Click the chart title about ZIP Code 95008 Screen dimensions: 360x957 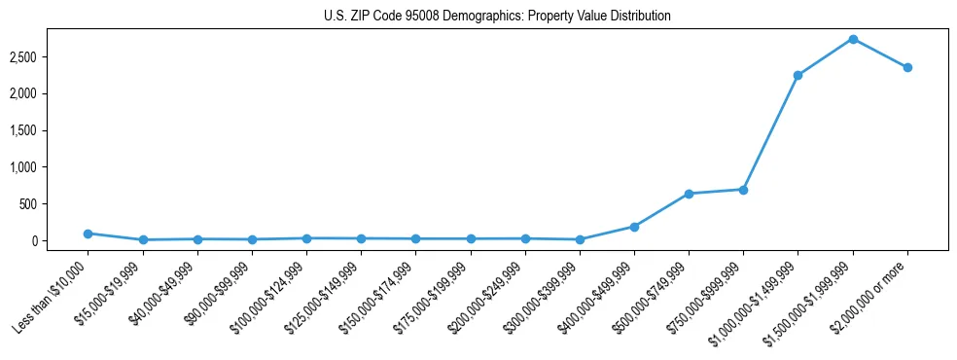point(497,17)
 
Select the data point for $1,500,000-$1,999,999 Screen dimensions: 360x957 point(853,39)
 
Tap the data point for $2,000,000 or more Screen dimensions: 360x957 point(907,67)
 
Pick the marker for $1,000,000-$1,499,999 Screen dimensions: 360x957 point(797,75)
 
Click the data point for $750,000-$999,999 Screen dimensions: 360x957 point(743,190)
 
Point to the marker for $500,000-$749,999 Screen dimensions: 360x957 point(689,194)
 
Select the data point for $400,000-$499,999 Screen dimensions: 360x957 point(634,227)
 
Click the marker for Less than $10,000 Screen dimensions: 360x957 point(88,234)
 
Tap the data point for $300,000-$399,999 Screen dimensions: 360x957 point(580,239)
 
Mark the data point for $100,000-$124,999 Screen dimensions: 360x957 point(306,238)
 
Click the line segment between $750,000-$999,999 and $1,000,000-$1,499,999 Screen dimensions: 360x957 point(770,132)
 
